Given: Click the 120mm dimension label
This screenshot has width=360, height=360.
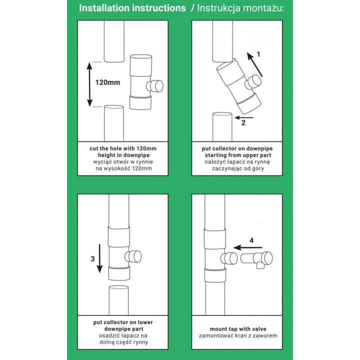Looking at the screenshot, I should coord(108,82).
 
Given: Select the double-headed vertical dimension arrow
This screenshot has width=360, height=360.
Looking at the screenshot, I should coord(90,84).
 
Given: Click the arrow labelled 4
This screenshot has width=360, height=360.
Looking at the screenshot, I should coord(248,247).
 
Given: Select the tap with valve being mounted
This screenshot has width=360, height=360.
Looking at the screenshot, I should coord(258,259).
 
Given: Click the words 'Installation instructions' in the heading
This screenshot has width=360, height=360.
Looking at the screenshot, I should coord(132,8).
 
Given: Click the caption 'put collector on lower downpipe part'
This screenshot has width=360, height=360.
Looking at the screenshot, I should coord(122,325).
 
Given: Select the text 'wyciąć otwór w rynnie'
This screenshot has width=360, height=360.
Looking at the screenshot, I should coord(122,162).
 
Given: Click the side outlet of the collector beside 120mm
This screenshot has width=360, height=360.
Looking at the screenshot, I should coord(157,86).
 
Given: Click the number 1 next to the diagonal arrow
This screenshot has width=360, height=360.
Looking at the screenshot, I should coord(259,53).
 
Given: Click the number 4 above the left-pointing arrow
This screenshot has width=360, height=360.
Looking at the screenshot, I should coord(251,240).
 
